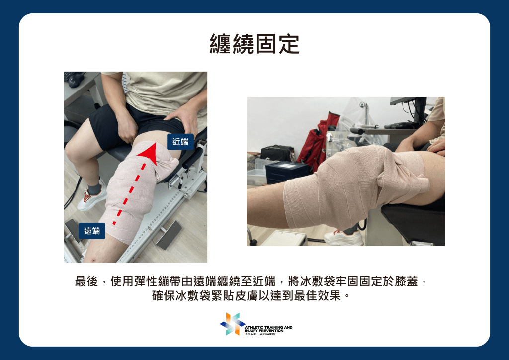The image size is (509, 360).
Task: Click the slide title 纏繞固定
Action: point(254,44)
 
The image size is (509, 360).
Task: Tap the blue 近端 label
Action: point(180,142)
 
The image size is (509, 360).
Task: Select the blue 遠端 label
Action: point(92,231)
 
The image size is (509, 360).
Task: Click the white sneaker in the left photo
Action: point(91,199)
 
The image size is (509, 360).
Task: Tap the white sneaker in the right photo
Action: point(343,238)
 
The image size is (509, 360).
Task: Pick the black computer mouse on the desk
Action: point(76,80)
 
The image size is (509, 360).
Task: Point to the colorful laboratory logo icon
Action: point(232,324)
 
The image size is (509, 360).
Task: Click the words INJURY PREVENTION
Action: point(264,331)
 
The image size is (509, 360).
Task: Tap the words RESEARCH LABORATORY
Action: point(259,334)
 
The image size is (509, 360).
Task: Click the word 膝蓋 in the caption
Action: point(406,281)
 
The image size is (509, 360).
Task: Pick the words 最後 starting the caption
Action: point(86,281)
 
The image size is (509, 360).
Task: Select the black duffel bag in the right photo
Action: point(277,153)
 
